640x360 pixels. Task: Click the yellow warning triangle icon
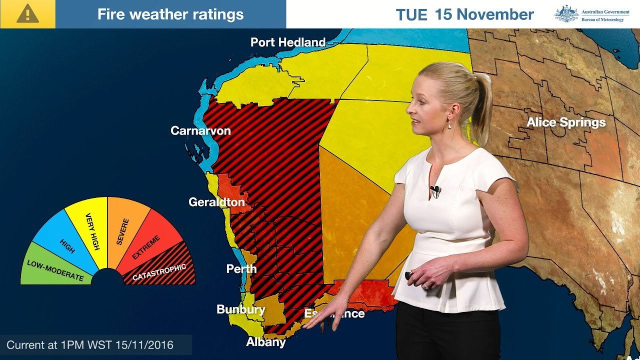pos(27,14)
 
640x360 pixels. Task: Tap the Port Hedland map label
pos(287,42)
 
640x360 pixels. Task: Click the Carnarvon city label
pos(200,131)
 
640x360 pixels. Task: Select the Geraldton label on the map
pos(216,202)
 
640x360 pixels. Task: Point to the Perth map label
pos(241,269)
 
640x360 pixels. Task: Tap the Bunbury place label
pos(240,309)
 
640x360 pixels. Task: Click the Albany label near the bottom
pos(265,342)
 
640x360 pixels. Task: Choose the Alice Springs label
pos(566,122)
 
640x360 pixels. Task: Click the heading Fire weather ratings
pos(170,14)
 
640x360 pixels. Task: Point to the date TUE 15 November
pos(464,14)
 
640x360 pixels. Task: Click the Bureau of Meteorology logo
pos(591,14)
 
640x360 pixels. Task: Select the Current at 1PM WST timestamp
pos(90,345)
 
